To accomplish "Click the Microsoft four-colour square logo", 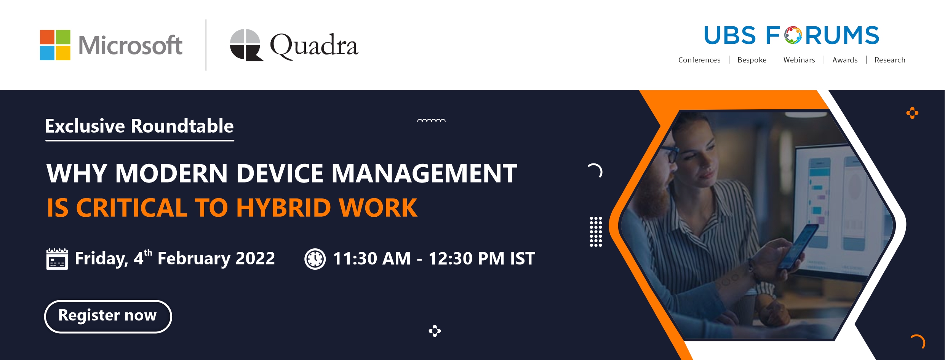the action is [x=55, y=45].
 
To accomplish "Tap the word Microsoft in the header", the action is [x=130, y=45].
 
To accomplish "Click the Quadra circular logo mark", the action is [x=246, y=45].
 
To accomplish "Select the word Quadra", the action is [x=314, y=46].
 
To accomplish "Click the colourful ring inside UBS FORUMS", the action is [x=793, y=35].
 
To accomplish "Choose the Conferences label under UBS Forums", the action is [x=699, y=60].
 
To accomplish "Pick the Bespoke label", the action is [x=752, y=60].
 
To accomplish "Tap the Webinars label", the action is [x=799, y=60].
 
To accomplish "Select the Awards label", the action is [x=845, y=60].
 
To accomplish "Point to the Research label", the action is [x=890, y=60].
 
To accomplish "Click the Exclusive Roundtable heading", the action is [x=139, y=126].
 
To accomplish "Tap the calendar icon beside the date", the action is [x=57, y=259].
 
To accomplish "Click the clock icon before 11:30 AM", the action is [x=315, y=259].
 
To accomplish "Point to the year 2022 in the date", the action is [x=255, y=258].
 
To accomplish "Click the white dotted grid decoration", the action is [x=596, y=232].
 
